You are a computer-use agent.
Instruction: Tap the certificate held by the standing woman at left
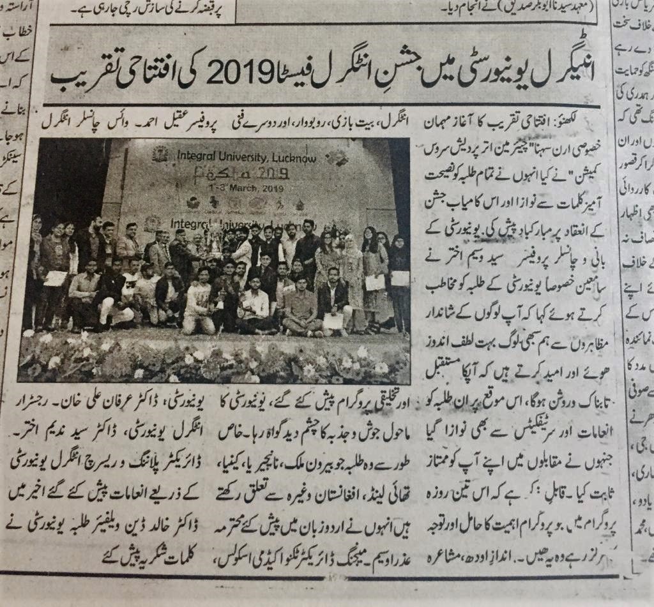tap(56, 278)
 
